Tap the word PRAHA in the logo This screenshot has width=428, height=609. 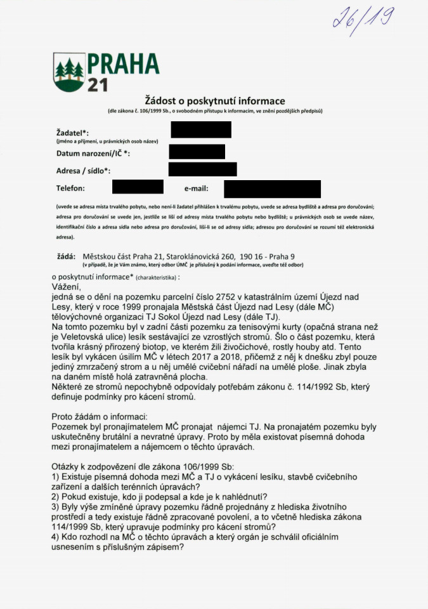[122, 63]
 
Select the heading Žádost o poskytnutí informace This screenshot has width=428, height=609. [215, 101]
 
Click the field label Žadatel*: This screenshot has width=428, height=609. [72, 133]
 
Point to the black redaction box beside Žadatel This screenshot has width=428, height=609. [200, 129]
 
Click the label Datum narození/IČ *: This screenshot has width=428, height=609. [93, 154]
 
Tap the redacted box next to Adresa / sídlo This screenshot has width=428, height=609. [202, 169]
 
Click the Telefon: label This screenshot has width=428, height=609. [70, 188]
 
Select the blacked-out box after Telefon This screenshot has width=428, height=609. [138, 187]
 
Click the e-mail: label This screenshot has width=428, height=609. [196, 188]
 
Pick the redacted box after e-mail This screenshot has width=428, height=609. [272, 188]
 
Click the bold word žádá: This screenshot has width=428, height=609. [67, 256]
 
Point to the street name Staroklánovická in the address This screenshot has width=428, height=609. [197, 256]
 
